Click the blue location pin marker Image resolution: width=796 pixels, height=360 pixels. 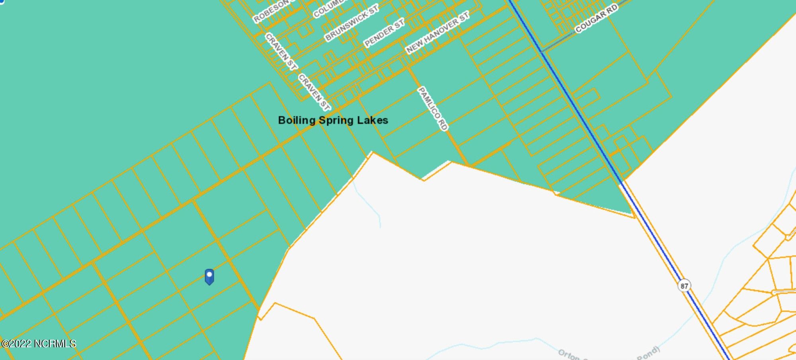209,277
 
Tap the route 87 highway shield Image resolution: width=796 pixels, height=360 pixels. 684,286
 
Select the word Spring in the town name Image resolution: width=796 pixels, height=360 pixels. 336,121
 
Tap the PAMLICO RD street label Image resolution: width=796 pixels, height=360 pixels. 433,108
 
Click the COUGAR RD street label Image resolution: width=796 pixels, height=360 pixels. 597,18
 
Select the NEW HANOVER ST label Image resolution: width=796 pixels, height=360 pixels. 437,32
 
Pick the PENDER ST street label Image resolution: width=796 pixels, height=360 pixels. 384,33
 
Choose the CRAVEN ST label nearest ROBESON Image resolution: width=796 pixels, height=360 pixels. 281,52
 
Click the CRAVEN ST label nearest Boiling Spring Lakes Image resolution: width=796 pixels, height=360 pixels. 314,92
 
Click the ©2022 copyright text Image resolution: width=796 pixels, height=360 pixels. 16,344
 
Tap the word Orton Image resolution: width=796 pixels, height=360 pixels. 568,354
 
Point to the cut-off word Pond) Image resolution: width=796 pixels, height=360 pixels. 648,353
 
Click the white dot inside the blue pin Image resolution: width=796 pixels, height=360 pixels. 209,274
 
